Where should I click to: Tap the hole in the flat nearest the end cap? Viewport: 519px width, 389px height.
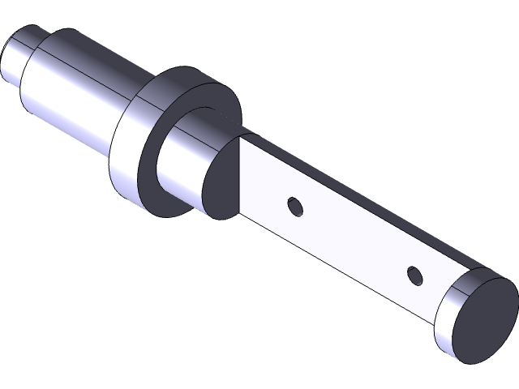point(415,276)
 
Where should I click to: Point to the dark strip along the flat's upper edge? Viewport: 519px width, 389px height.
point(365,203)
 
